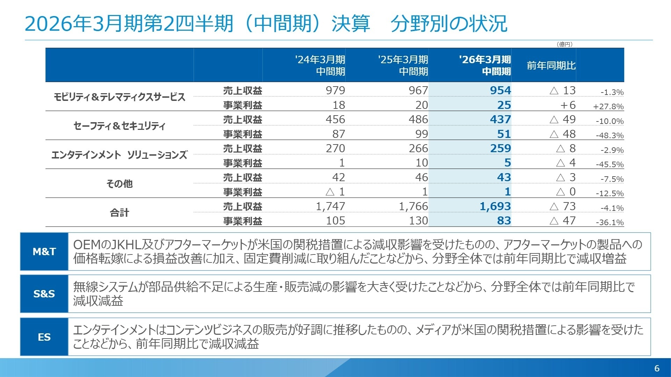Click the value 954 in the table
click(500, 90)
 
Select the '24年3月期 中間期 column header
click(320, 65)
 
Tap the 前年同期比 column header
click(551, 66)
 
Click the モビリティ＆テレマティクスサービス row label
click(119, 97)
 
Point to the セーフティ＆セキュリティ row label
click(119, 126)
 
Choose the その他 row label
click(119, 184)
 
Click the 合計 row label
click(119, 213)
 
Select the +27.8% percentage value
click(608, 106)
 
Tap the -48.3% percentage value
click(609, 135)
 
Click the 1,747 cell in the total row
click(330, 206)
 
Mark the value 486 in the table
click(418, 119)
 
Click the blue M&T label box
click(44, 251)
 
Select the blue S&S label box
click(44, 294)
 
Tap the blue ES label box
click(44, 337)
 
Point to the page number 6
click(657, 368)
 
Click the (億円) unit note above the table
click(564, 44)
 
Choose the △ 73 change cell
click(562, 206)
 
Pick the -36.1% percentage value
click(609, 222)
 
